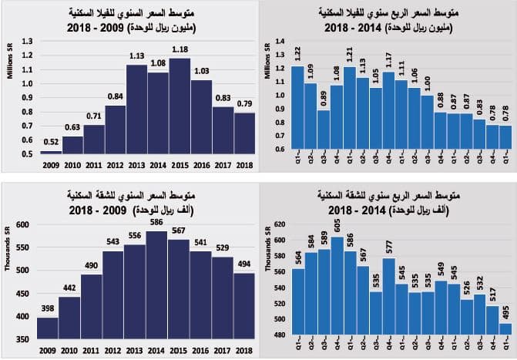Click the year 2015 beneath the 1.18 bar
(180, 164)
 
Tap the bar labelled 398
(48, 328)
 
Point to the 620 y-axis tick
(280, 224)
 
